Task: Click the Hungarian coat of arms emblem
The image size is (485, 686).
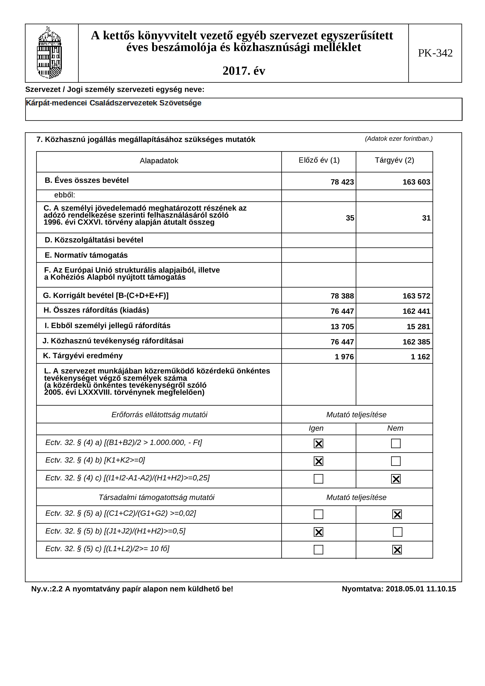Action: [49, 53]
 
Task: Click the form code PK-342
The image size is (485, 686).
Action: [435, 53]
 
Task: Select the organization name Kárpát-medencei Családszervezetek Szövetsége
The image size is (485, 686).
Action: [114, 103]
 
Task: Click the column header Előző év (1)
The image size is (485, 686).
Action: [319, 161]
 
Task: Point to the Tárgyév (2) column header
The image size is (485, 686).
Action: [394, 161]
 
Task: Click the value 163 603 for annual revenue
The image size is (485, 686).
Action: [416, 182]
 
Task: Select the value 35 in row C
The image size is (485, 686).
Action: [350, 218]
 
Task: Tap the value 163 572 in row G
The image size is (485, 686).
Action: [416, 296]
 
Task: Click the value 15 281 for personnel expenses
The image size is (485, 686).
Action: [418, 327]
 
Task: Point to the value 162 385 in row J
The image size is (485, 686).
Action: [416, 342]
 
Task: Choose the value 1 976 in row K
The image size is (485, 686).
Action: [344, 357]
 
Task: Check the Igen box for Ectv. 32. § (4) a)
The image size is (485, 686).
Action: [318, 444]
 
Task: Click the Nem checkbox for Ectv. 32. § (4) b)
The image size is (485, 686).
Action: [396, 461]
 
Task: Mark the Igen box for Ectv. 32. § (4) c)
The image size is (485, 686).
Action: [318, 479]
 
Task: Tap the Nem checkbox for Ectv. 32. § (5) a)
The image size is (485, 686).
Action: [397, 515]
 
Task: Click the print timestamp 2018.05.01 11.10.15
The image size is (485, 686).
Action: [420, 589]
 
